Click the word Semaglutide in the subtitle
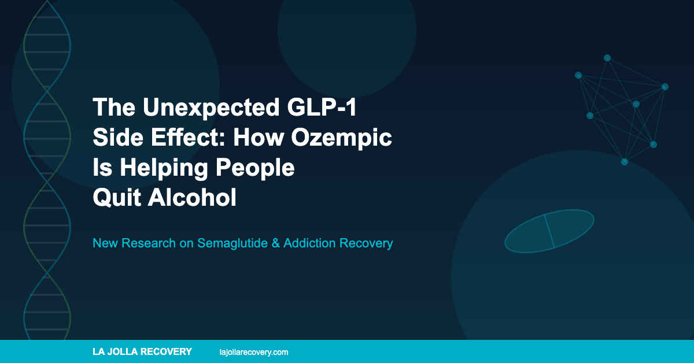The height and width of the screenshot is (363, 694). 230,243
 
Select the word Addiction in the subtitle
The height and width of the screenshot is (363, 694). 311,243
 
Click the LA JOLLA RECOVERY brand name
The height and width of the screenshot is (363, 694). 142,351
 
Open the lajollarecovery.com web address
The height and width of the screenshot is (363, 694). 254,351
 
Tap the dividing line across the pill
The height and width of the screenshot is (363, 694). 549,231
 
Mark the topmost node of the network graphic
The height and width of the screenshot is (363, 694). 607,58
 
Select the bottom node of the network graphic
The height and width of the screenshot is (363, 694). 625,162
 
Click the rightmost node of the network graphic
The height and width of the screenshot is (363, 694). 665,87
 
